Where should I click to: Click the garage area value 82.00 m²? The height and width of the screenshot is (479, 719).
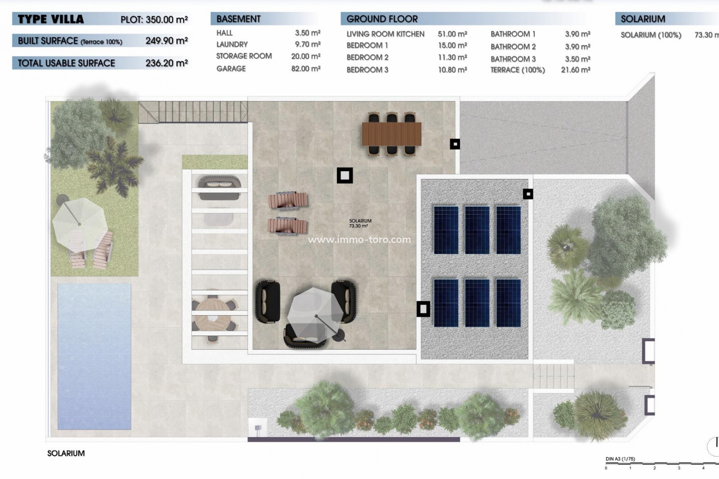[x=306, y=68]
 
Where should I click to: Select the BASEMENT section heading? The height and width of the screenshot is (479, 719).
[x=238, y=19]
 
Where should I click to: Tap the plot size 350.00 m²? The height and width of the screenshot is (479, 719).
[x=166, y=19]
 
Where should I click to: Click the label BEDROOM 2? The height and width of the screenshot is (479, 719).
[x=367, y=58]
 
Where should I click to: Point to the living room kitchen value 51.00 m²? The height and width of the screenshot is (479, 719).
[x=452, y=34]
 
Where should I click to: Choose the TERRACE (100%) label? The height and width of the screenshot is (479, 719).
[x=518, y=70]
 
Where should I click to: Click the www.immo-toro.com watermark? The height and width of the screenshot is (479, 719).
[x=359, y=239]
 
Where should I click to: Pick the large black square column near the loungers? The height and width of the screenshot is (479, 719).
[x=345, y=175]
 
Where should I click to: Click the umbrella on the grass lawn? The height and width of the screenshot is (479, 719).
[x=80, y=224]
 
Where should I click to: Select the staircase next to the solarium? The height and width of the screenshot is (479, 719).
[x=193, y=112]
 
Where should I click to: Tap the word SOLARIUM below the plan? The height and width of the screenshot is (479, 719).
[x=66, y=453]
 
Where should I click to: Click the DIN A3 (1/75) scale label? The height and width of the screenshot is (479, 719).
[x=620, y=459]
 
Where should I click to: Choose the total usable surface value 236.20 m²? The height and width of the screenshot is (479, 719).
[x=166, y=63]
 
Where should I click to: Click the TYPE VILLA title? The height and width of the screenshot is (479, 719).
[x=51, y=19]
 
